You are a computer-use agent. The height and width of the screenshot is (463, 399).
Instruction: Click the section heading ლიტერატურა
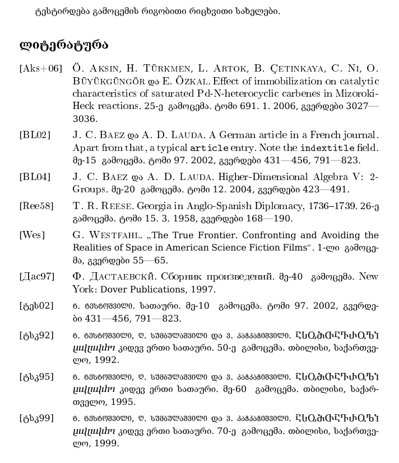(x=63, y=45)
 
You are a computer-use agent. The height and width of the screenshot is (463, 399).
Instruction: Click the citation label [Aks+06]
(x=40, y=69)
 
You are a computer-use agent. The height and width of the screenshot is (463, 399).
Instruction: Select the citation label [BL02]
(x=35, y=135)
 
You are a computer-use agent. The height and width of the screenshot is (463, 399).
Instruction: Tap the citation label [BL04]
(x=35, y=177)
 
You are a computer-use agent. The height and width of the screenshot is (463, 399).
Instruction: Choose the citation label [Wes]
(x=32, y=235)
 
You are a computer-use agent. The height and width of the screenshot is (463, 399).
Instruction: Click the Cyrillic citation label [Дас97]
(x=37, y=277)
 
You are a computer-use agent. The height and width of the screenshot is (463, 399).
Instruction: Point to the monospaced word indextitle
(x=326, y=148)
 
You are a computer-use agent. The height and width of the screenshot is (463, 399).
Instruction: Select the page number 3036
(x=85, y=119)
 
